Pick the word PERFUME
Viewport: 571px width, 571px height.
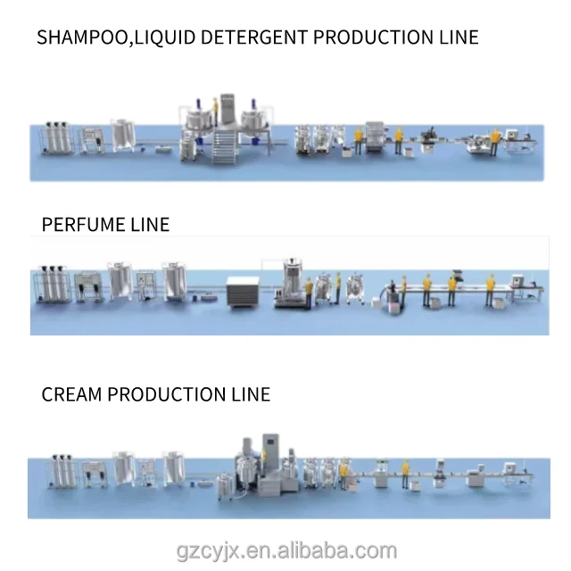(x=85, y=223)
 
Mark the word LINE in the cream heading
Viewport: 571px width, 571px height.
(x=250, y=393)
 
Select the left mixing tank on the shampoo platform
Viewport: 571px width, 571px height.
(x=197, y=121)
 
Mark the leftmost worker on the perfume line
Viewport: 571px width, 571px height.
(x=308, y=292)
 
